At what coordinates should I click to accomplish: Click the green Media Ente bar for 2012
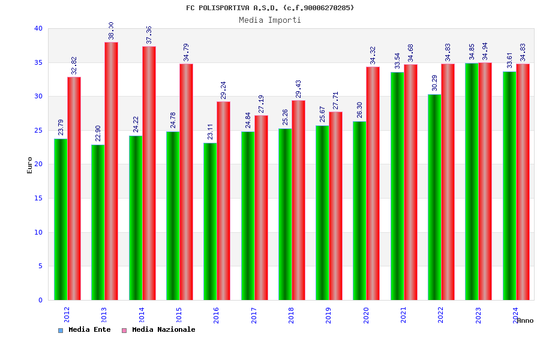[61, 219]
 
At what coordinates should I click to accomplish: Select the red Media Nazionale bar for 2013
[111, 171]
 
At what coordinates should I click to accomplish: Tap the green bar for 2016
[210, 221]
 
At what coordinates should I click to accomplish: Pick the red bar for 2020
[373, 183]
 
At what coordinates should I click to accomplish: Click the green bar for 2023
[472, 181]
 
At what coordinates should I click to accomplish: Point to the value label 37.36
[149, 35]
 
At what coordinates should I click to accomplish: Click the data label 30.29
[434, 83]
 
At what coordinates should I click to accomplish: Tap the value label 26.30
[359, 110]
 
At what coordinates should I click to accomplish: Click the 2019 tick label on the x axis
[329, 315]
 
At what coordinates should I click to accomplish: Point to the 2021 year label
[403, 315]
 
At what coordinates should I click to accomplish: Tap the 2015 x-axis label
[179, 315]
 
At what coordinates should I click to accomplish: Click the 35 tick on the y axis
[38, 62]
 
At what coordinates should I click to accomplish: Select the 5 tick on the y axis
[40, 266]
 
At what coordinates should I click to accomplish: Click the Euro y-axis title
[30, 165]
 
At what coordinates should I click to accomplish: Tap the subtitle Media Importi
[270, 20]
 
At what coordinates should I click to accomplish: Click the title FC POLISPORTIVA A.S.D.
[270, 8]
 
